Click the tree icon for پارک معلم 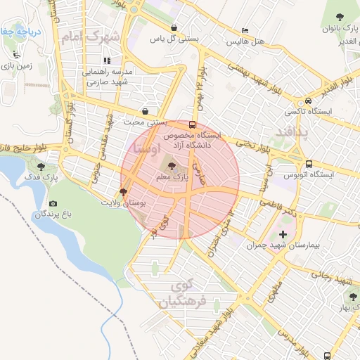pyautogui.click(x=174, y=167)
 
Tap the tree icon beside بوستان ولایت pyautogui.click(x=124, y=191)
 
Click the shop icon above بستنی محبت pyautogui.click(x=146, y=110)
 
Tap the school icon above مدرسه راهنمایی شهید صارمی pyautogui.click(x=107, y=60)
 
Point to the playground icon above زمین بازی pyautogui.click(x=15, y=53)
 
